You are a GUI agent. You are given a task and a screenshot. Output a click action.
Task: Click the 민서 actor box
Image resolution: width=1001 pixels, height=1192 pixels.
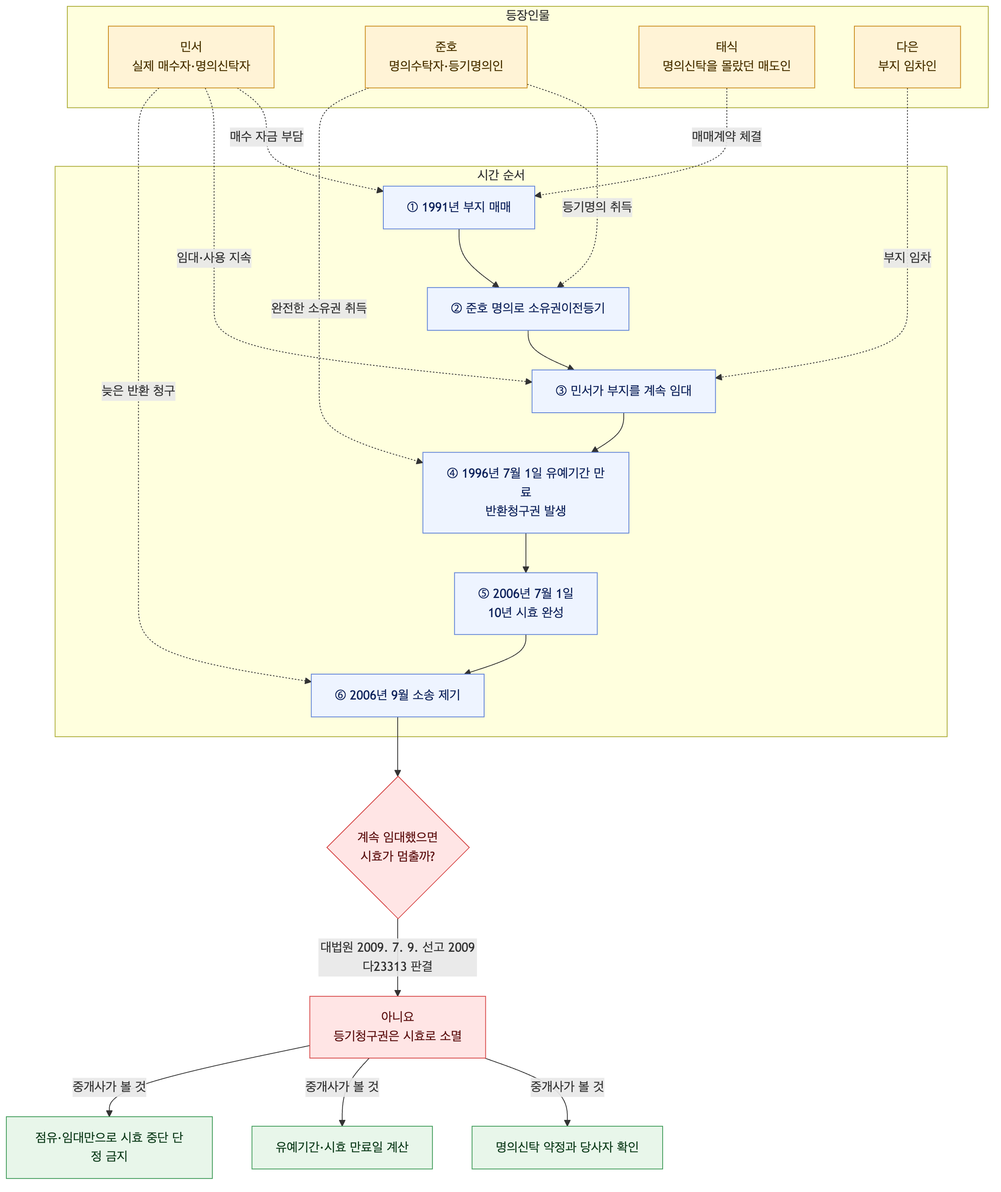(191, 57)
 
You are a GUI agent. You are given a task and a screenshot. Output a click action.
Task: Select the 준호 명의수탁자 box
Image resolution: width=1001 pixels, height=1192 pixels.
(446, 57)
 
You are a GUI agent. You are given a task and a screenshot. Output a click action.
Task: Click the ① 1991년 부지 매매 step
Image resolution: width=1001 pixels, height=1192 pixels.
(459, 207)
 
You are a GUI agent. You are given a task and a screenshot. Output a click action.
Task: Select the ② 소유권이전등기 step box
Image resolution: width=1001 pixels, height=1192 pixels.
(528, 309)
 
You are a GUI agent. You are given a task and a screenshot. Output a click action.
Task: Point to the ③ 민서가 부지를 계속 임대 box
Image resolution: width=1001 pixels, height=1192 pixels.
(623, 391)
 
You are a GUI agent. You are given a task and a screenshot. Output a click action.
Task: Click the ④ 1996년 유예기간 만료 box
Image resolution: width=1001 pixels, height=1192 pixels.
(526, 492)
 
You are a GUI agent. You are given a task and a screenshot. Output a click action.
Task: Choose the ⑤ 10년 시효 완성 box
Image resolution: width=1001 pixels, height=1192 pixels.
(526, 604)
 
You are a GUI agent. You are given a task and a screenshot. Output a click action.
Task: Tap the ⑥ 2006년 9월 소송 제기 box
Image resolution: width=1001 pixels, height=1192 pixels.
(397, 695)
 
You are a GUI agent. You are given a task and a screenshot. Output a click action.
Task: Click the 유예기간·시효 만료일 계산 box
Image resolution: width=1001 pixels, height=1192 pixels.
(342, 1147)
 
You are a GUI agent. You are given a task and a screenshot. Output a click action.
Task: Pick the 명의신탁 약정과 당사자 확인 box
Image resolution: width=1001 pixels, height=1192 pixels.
(567, 1147)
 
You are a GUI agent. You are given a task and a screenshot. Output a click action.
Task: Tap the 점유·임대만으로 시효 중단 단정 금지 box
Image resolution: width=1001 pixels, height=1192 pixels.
(109, 1147)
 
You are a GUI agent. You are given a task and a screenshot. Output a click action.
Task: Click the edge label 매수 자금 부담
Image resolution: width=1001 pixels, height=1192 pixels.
(266, 136)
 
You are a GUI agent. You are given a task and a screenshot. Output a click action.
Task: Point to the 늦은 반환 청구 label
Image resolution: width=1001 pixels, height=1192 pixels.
(139, 390)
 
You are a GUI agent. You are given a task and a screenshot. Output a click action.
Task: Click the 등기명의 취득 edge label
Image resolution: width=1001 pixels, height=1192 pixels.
(597, 207)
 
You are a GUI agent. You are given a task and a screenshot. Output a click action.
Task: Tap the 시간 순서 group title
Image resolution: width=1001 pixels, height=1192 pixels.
(501, 175)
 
